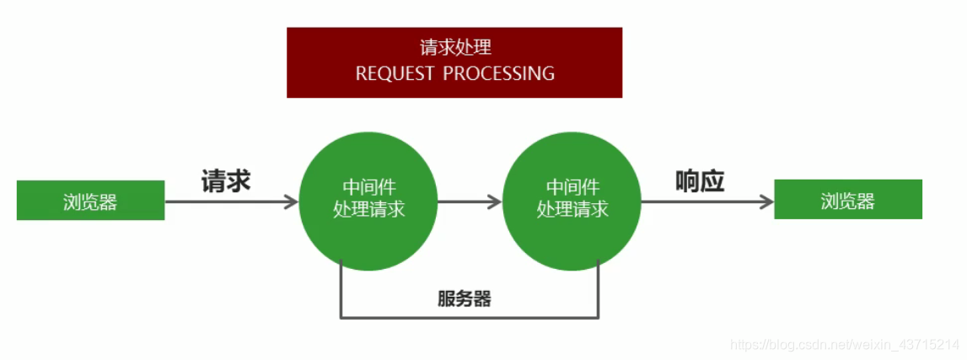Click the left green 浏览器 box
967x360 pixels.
(90, 201)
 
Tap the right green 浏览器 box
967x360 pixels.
(847, 200)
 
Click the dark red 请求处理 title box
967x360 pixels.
(454, 62)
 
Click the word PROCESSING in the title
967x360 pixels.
(499, 73)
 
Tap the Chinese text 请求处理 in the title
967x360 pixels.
(454, 47)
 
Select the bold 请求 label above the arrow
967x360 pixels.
(226, 180)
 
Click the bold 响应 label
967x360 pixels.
(700, 180)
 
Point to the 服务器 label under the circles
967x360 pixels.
(465, 298)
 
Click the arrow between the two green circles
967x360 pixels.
(470, 201)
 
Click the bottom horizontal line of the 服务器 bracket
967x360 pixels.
(470, 317)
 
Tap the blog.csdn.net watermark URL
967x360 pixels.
(844, 345)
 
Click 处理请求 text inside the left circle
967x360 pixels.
(368, 209)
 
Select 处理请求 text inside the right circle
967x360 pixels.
(572, 209)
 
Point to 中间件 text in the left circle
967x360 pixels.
(368, 187)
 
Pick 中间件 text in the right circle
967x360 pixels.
(572, 187)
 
